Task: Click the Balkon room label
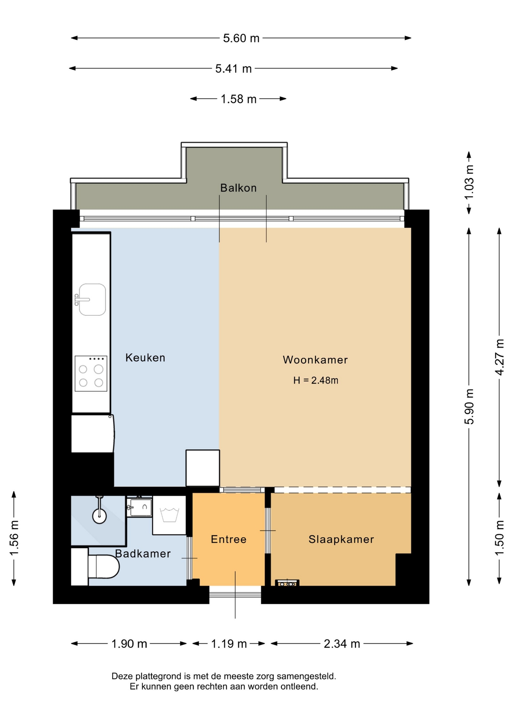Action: tap(238, 188)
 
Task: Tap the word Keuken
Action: tap(145, 358)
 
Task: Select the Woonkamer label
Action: tap(315, 360)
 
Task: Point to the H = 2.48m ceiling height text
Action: tap(316, 380)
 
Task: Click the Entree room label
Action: tap(229, 539)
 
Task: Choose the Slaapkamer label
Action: tap(341, 539)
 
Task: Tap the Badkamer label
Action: tap(143, 554)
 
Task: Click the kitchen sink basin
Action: tap(92, 299)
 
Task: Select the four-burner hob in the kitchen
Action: tap(91, 373)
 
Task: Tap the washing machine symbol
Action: tap(169, 515)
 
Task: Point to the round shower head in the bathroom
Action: tap(100, 516)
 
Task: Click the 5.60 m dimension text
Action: tap(241, 38)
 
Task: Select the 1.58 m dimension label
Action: tap(238, 99)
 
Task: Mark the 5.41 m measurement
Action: tap(233, 69)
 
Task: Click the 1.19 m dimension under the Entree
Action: tap(229, 643)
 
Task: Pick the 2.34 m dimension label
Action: tap(342, 643)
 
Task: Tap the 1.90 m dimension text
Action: tap(129, 643)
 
